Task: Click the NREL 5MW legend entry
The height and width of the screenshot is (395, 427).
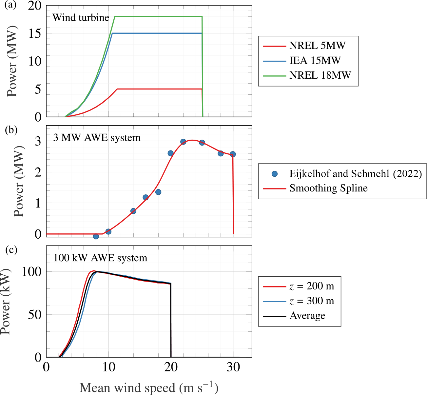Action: click(x=317, y=46)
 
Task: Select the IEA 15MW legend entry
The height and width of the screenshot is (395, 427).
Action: click(x=315, y=61)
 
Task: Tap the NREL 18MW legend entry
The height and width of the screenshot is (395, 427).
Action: click(x=320, y=75)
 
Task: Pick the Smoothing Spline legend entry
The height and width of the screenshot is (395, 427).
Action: click(x=328, y=188)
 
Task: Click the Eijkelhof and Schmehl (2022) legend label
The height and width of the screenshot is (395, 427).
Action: click(x=356, y=173)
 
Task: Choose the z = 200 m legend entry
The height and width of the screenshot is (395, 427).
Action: click(x=312, y=286)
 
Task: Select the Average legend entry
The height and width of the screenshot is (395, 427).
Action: click(x=307, y=316)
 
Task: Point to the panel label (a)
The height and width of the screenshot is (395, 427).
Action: click(x=10, y=5)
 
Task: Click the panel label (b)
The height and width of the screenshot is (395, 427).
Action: click(x=11, y=130)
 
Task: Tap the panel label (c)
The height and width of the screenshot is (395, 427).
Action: click(x=11, y=250)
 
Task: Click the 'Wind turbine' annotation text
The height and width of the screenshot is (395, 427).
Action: click(x=81, y=17)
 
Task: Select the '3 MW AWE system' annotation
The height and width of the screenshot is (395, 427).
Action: click(x=97, y=138)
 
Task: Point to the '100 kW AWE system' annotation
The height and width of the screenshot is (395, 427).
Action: click(x=100, y=258)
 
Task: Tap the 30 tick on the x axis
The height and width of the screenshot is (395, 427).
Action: click(x=233, y=367)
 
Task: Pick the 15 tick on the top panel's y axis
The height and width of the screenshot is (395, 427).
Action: click(x=35, y=33)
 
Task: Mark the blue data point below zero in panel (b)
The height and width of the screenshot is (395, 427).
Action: click(x=96, y=236)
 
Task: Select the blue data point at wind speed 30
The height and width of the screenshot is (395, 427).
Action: click(x=233, y=154)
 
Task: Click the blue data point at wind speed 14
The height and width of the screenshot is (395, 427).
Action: click(x=133, y=211)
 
